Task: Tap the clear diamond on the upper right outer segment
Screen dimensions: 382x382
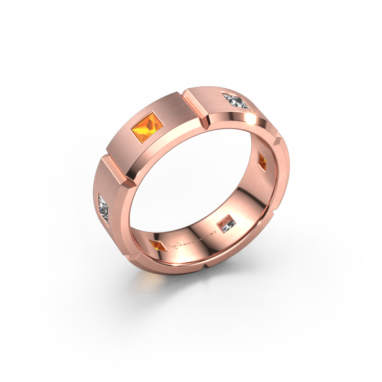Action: tap(236, 101)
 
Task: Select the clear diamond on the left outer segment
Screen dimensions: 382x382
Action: tap(105, 206)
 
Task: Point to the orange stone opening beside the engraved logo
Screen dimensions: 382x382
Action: tap(159, 245)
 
